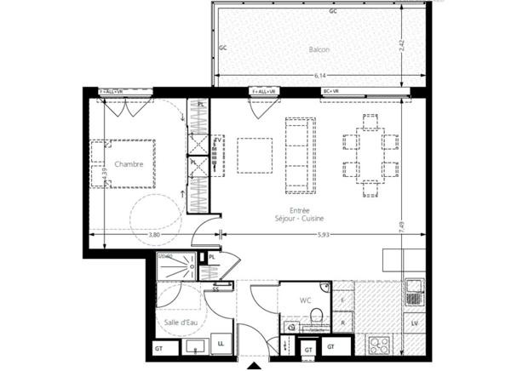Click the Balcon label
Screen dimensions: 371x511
(x=319, y=49)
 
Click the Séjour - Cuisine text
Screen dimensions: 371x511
(x=299, y=219)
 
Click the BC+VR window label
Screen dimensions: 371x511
(x=330, y=91)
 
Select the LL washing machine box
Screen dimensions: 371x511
(x=220, y=342)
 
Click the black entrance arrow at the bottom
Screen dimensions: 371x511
(x=253, y=366)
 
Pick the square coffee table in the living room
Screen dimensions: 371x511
(x=251, y=155)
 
